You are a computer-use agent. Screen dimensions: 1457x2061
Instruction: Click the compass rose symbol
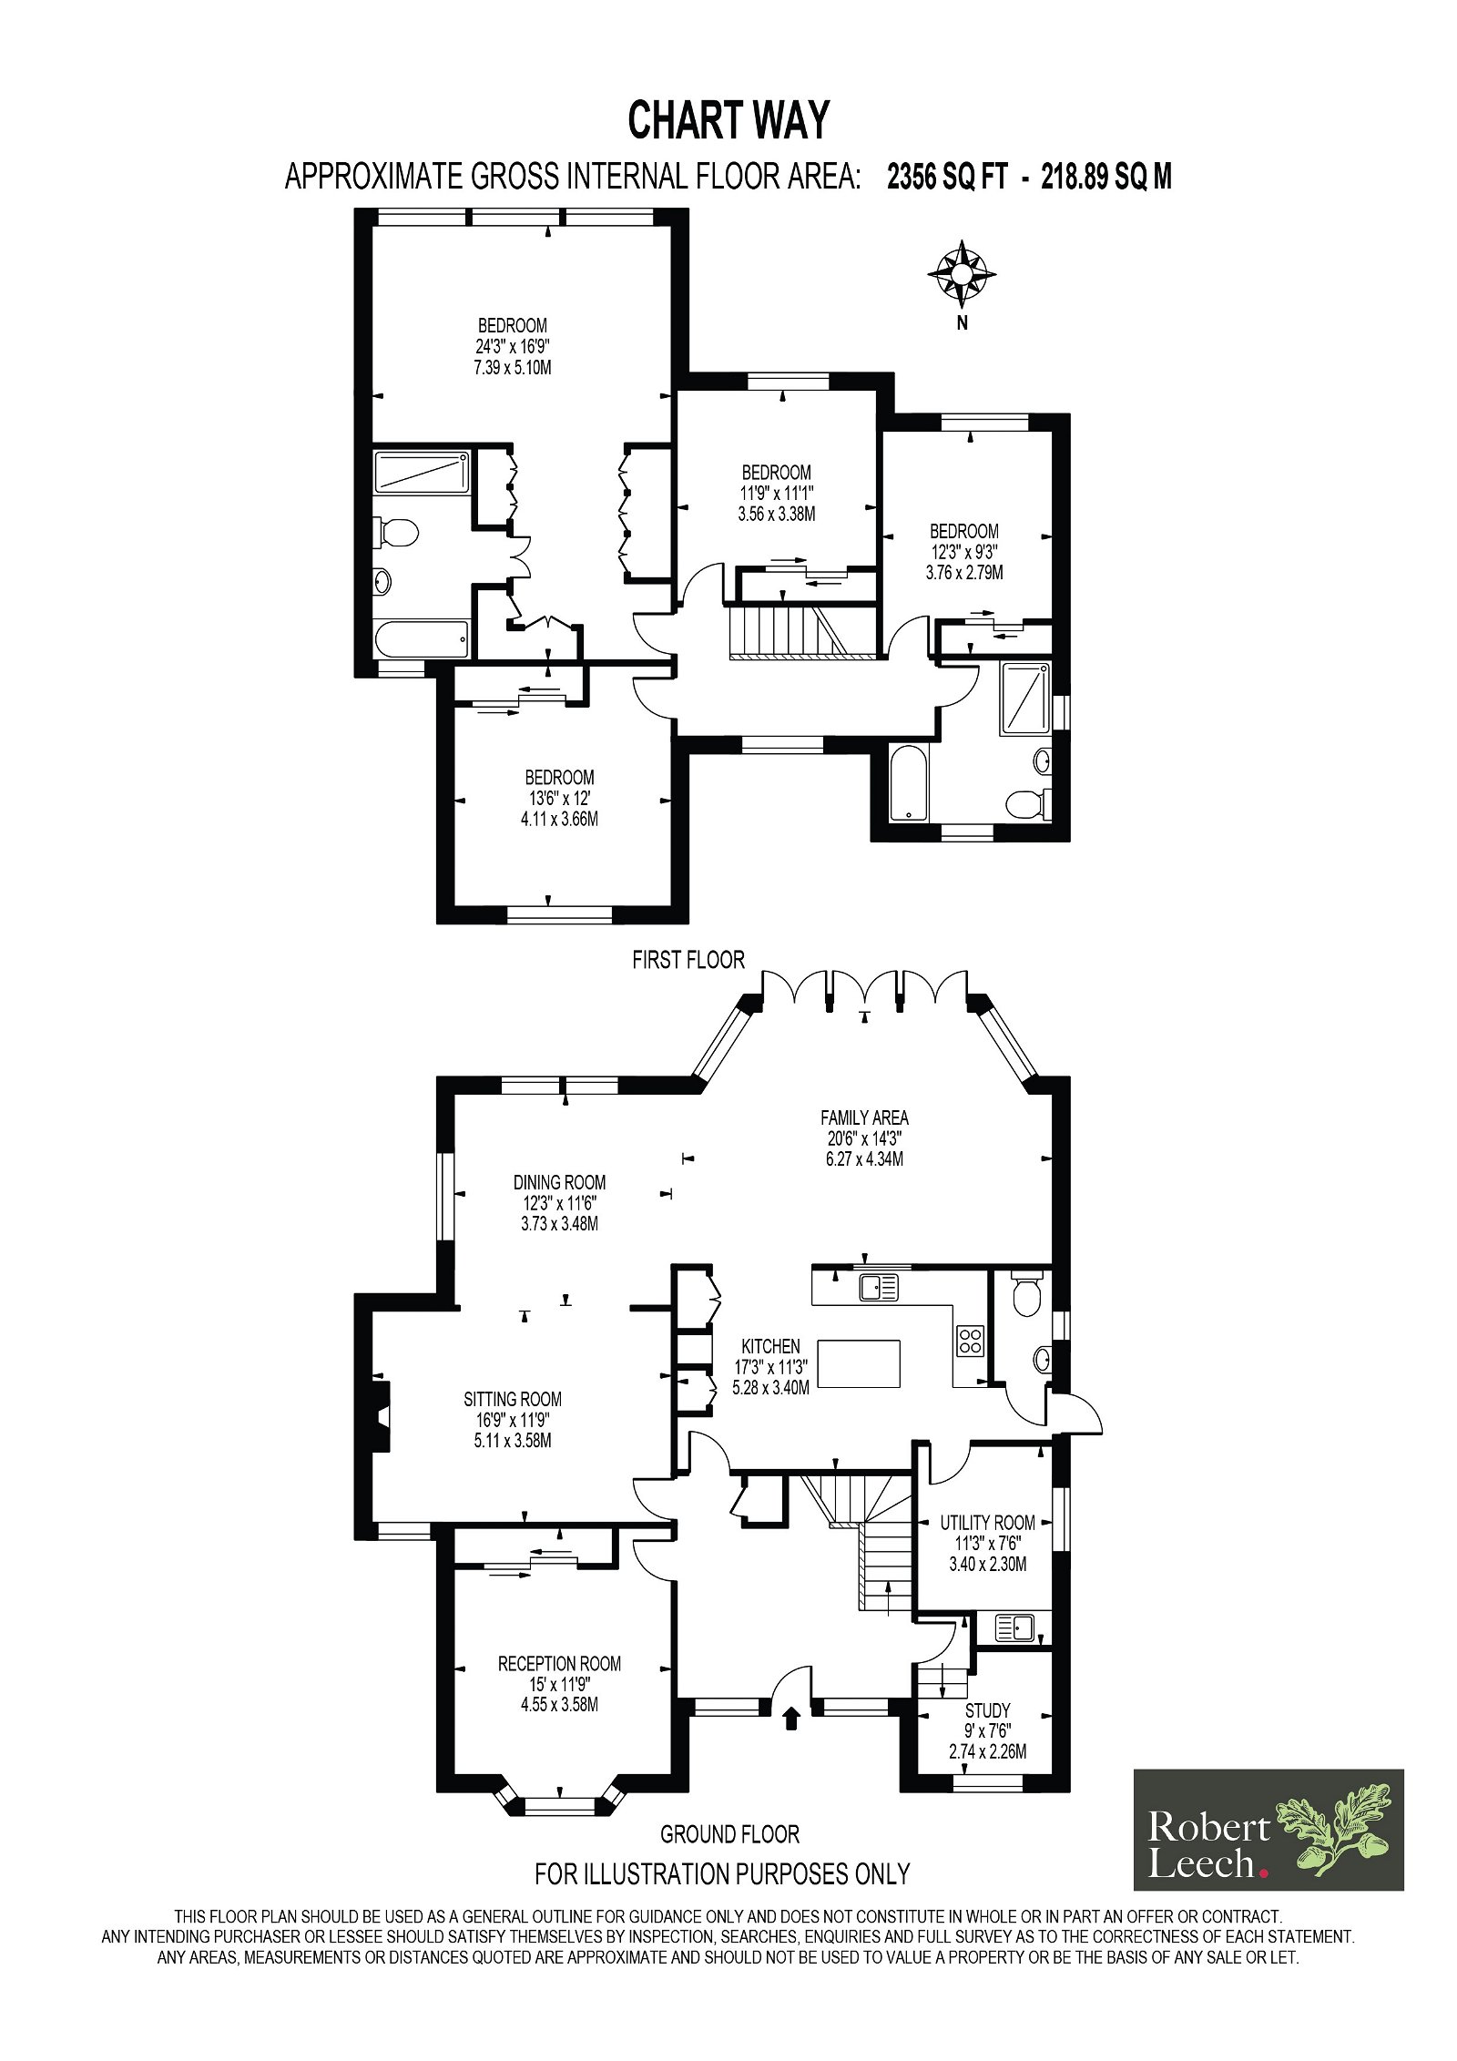pos(961,273)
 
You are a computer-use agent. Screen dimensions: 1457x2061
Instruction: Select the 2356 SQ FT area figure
pos(947,176)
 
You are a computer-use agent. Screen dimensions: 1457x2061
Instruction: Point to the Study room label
pos(987,1710)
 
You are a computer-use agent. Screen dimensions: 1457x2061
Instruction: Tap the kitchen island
pos(858,1362)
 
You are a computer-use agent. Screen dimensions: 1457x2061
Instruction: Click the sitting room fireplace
pos(381,1414)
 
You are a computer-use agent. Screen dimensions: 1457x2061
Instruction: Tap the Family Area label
pos(864,1117)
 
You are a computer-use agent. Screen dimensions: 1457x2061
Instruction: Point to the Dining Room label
pos(559,1182)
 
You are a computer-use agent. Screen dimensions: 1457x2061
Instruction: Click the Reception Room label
pos(559,1664)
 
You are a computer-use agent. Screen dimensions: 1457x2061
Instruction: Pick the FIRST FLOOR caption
pos(688,959)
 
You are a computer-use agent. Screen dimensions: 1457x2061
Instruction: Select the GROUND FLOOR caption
pos(729,1833)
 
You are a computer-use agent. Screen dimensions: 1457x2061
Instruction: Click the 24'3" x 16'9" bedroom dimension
pos(513,346)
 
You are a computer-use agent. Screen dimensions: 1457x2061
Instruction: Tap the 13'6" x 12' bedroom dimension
pos(559,798)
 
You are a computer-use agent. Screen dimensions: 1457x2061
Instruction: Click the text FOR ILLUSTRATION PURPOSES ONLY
pos(722,1873)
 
